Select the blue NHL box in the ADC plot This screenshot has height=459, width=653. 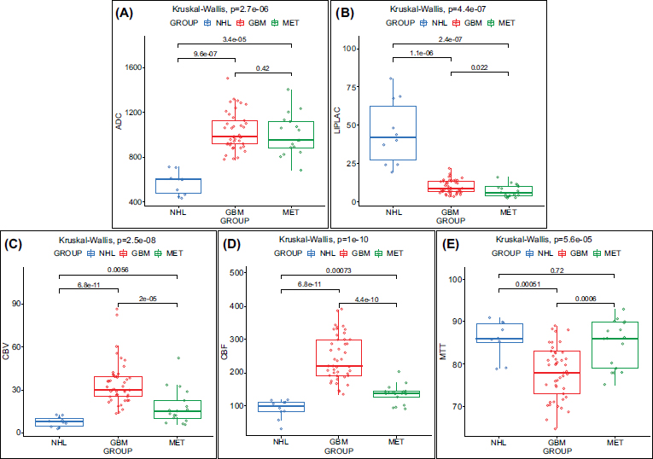pyautogui.click(x=178, y=186)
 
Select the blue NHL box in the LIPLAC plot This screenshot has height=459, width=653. pyautogui.click(x=393, y=133)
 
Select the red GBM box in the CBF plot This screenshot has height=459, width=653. pyautogui.click(x=315, y=357)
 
